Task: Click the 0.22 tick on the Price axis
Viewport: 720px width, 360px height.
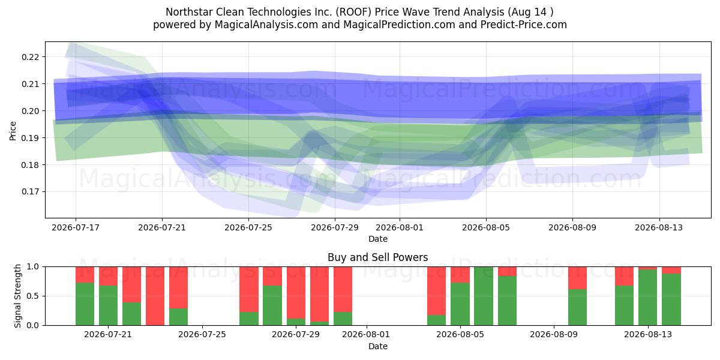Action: coord(30,57)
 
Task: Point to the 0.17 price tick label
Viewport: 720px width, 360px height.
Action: coord(30,192)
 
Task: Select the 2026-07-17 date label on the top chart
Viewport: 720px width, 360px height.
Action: coord(76,227)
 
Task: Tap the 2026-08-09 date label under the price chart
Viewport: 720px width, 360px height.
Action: coord(572,227)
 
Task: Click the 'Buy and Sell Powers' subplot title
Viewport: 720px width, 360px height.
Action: coord(377,257)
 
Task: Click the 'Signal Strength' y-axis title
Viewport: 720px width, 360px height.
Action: coord(17,296)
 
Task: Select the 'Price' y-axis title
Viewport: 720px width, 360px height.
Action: coord(13,131)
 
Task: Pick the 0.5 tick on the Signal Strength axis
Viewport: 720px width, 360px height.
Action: coord(33,296)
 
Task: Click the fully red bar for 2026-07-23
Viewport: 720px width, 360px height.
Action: coord(155,296)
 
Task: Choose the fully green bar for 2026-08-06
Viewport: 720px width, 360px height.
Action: coord(484,296)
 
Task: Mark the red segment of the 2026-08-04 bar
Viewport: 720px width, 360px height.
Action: coord(437,291)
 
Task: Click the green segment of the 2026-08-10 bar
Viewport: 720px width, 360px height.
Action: coord(577,307)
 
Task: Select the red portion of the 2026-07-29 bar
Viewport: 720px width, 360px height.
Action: coord(296,293)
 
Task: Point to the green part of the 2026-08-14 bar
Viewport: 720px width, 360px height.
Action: coord(671,299)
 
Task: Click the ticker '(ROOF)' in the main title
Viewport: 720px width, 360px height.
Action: coord(353,12)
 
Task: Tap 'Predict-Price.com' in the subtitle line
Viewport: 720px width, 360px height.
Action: coord(524,25)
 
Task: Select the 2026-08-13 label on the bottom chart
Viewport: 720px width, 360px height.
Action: coord(647,335)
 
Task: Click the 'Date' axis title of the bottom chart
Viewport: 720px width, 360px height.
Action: coord(377,346)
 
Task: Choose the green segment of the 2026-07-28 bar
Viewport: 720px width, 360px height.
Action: coord(272,305)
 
